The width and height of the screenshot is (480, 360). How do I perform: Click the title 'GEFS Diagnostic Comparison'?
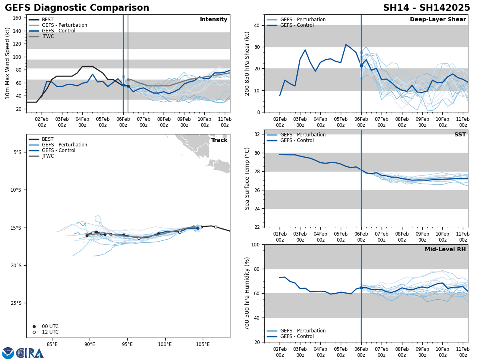(77, 8)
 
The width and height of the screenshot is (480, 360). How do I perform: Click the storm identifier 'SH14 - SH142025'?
(426, 8)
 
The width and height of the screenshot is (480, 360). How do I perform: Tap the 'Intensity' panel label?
(214, 20)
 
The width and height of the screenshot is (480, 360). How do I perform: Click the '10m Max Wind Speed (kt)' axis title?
(8, 63)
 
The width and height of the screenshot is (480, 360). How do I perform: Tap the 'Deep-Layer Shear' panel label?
(438, 20)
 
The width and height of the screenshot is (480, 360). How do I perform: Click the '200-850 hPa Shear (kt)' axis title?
(247, 63)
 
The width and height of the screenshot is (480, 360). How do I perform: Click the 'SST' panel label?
(460, 135)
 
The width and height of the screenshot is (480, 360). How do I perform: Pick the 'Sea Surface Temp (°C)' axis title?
(247, 178)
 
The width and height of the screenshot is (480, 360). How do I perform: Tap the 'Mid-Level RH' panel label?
(445, 250)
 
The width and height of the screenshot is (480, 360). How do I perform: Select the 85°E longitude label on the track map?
(52, 344)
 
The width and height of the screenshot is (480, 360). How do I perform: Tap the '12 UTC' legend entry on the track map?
(50, 332)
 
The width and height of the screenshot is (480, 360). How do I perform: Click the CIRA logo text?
(30, 353)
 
